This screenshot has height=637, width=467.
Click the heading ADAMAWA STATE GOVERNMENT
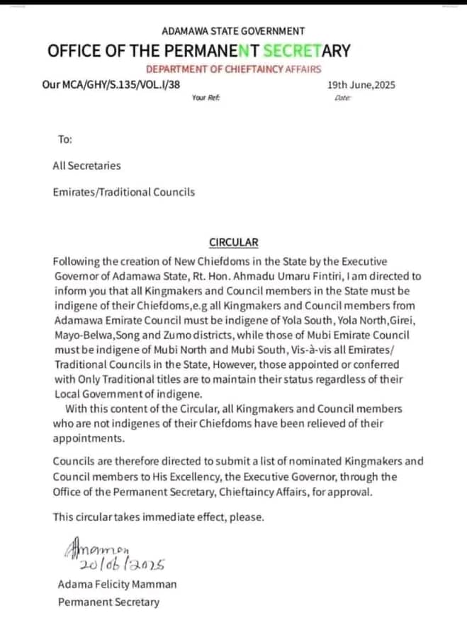coord(233,31)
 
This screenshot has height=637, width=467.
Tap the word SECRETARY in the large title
coord(306,50)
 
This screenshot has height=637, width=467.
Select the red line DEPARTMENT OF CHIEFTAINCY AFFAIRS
coord(233,69)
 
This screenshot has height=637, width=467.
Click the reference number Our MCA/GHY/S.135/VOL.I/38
coord(111,85)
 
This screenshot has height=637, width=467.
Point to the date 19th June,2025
coord(361,85)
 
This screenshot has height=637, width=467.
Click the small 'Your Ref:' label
coord(206,98)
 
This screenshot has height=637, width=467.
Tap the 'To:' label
coord(64,139)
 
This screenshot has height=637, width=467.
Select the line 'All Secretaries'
coord(86,166)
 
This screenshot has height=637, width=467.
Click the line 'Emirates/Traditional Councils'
coord(123,192)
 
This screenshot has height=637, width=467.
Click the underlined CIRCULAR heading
coord(234,242)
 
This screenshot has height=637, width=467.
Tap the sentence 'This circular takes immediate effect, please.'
coord(158,517)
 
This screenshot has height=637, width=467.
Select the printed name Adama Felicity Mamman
coord(118,585)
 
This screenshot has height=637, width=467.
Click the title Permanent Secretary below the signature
coord(108,602)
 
